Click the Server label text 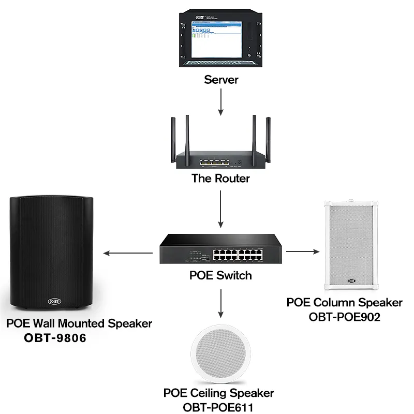click(221, 80)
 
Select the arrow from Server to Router click(221, 101)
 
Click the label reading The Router click(221, 179)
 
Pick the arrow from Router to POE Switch click(221, 209)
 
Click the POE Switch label click(221, 275)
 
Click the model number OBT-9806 click(55, 338)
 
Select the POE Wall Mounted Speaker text click(79, 324)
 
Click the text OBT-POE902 click(345, 317)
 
